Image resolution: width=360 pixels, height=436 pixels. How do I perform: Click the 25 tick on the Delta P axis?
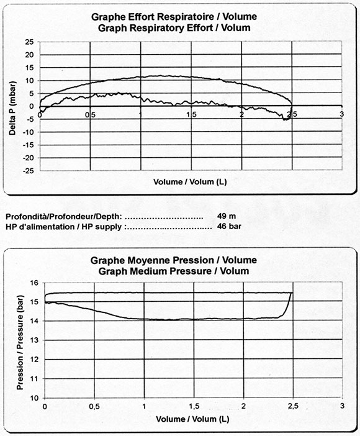pos(30,42)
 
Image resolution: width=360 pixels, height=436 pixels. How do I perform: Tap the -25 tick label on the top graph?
pos(29,171)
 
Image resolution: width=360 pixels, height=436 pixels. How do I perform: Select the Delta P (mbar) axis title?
pos(12,108)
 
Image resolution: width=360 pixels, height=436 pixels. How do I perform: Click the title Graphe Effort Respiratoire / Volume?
pos(174,17)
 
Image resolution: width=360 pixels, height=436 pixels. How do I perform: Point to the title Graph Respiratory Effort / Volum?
pos(174,28)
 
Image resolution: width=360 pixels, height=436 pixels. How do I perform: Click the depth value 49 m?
pos(227,216)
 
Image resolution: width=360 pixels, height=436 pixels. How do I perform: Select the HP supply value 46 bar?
pos(229,226)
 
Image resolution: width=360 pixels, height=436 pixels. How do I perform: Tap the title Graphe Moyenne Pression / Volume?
pos(174,260)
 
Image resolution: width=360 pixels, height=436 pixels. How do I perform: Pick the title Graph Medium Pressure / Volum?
pos(174,271)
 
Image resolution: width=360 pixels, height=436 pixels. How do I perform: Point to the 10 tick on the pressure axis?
pos(34,398)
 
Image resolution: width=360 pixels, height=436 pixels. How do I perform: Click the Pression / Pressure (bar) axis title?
pos(20,342)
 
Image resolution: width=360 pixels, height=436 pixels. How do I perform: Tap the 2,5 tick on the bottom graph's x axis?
pos(293,407)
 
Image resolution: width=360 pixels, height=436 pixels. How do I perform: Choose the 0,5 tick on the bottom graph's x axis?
pos(94,407)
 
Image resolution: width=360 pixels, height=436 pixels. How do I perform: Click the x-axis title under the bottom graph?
pos(192,419)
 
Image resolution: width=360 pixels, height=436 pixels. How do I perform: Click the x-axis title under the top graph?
pos(190,182)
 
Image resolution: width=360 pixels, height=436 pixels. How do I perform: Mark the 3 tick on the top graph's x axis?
pos(342,114)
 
